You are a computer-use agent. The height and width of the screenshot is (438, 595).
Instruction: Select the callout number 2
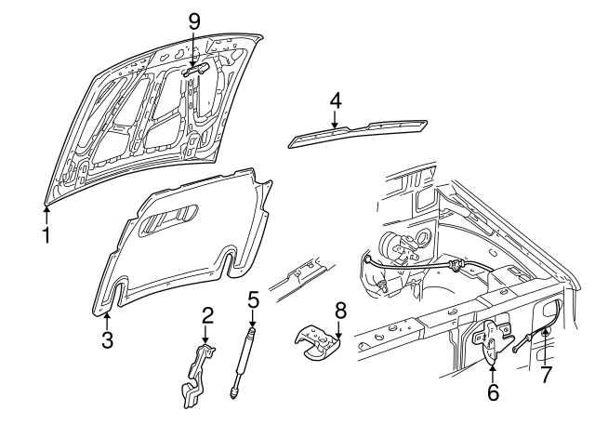[x=206, y=316]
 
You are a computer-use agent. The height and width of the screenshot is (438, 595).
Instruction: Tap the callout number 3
[x=107, y=340]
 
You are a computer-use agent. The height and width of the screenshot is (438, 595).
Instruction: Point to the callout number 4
[x=335, y=100]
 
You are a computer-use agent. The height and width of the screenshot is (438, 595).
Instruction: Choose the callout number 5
[x=252, y=299]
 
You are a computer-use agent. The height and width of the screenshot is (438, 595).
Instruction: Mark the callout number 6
[x=493, y=392]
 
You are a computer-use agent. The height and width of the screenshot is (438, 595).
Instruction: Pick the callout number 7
[x=546, y=375]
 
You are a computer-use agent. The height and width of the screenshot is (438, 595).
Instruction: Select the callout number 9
[x=194, y=20]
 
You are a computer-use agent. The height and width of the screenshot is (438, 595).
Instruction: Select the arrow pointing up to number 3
[x=107, y=319]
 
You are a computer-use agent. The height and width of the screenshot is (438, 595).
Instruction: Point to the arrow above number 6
[x=492, y=371]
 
